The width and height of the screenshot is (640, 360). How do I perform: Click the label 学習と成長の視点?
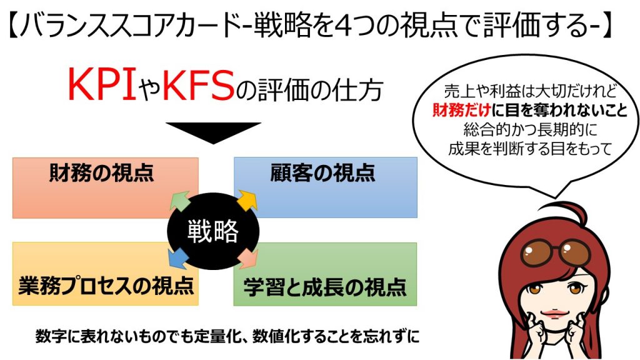click(325, 287)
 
